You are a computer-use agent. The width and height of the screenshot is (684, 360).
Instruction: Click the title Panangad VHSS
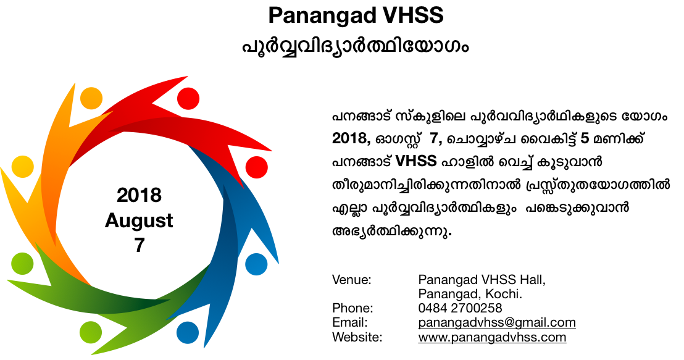(x=356, y=15)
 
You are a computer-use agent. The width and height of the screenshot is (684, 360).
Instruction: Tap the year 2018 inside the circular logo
(x=139, y=195)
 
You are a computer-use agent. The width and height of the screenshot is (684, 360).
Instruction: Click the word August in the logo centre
(x=139, y=221)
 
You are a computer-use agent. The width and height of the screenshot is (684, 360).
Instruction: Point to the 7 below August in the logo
(x=139, y=245)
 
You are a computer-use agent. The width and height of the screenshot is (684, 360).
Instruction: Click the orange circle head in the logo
(x=91, y=98)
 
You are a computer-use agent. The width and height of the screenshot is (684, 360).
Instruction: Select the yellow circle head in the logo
(x=22, y=167)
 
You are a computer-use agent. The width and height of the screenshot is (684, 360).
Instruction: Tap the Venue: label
(x=352, y=279)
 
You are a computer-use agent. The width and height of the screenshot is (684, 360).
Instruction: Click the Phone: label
(x=352, y=308)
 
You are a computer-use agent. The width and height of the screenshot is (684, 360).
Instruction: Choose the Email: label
(x=350, y=322)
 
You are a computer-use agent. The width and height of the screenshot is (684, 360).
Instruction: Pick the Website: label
(x=357, y=337)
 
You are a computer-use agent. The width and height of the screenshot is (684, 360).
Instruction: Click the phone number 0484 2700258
(x=460, y=308)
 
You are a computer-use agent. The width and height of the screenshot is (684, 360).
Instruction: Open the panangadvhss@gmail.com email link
(x=497, y=322)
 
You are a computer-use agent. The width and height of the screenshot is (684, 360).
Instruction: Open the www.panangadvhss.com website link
(x=492, y=337)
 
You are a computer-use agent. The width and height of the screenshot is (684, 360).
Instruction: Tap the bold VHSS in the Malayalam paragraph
(x=415, y=161)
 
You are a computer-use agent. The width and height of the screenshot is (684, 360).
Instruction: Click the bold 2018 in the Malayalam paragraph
(x=352, y=138)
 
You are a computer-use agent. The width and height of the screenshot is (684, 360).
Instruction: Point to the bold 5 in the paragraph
(x=585, y=138)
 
